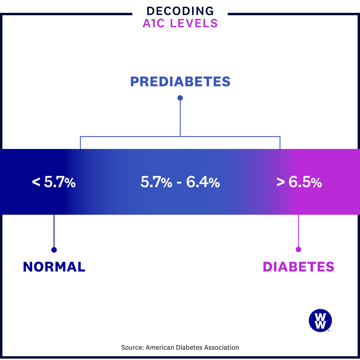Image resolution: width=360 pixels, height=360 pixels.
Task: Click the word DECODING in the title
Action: (180, 11)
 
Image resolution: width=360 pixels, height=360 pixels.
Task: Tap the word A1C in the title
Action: (154, 23)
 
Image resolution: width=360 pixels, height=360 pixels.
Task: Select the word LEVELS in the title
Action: (194, 23)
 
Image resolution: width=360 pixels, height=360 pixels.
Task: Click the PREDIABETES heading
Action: (180, 82)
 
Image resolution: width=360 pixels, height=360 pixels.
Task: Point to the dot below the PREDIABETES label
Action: (180, 98)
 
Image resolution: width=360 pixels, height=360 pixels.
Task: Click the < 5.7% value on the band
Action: (54, 182)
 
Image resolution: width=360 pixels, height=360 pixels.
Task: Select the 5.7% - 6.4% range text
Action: (180, 182)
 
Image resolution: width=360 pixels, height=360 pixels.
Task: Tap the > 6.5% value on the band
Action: (299, 182)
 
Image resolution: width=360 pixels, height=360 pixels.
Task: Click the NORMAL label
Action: (54, 267)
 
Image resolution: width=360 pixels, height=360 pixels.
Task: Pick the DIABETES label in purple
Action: (299, 267)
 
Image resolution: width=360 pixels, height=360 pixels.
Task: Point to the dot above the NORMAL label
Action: (54, 250)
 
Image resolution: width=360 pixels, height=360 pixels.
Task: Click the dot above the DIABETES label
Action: (298, 249)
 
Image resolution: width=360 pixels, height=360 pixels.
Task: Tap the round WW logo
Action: (320, 320)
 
